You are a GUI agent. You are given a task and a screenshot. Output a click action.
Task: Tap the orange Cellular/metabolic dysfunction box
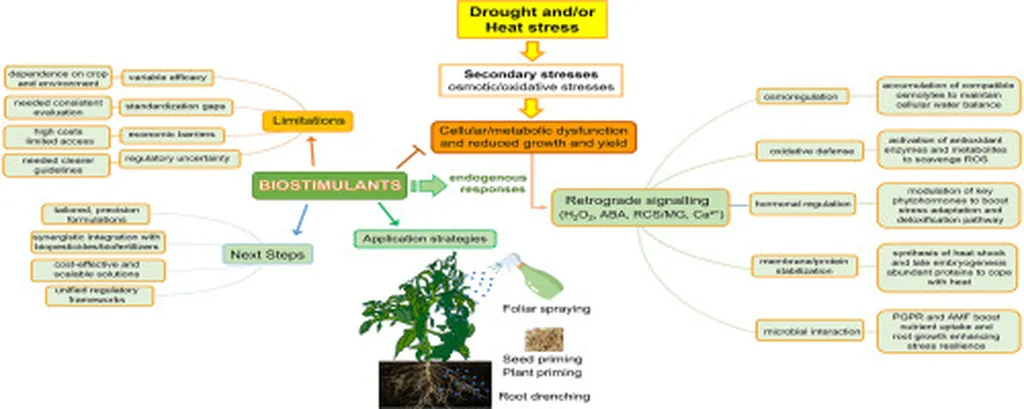click(x=532, y=137)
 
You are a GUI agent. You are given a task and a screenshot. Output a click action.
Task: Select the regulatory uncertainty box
click(x=166, y=158)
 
